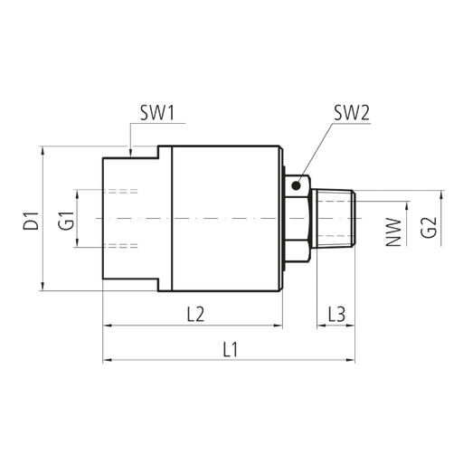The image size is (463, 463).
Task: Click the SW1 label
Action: point(157,113)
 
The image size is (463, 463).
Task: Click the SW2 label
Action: point(352,113)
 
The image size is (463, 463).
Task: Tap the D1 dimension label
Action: point(32,221)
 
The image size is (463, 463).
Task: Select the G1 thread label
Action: point(66,221)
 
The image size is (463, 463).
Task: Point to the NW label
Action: point(394,232)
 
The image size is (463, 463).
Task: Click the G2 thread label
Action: point(429,228)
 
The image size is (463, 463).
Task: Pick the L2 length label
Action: point(195,314)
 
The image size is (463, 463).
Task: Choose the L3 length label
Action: point(336,314)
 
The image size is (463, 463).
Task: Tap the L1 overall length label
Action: point(231,350)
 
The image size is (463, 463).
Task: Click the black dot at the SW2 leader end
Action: point(297,185)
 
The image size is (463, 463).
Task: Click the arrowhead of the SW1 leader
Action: point(130,153)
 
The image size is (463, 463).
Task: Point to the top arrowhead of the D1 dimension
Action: point(43,150)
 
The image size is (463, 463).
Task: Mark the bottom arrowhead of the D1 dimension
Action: point(43,287)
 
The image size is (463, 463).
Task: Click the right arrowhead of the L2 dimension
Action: point(278,326)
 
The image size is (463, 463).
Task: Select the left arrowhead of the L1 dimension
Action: point(108,360)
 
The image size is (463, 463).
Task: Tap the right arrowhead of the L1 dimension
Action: point(350,360)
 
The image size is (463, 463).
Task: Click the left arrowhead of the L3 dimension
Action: point(321,326)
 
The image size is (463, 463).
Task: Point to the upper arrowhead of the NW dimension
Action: point(407,206)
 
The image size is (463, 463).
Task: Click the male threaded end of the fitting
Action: point(334,219)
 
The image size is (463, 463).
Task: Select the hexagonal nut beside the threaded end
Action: point(298,219)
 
